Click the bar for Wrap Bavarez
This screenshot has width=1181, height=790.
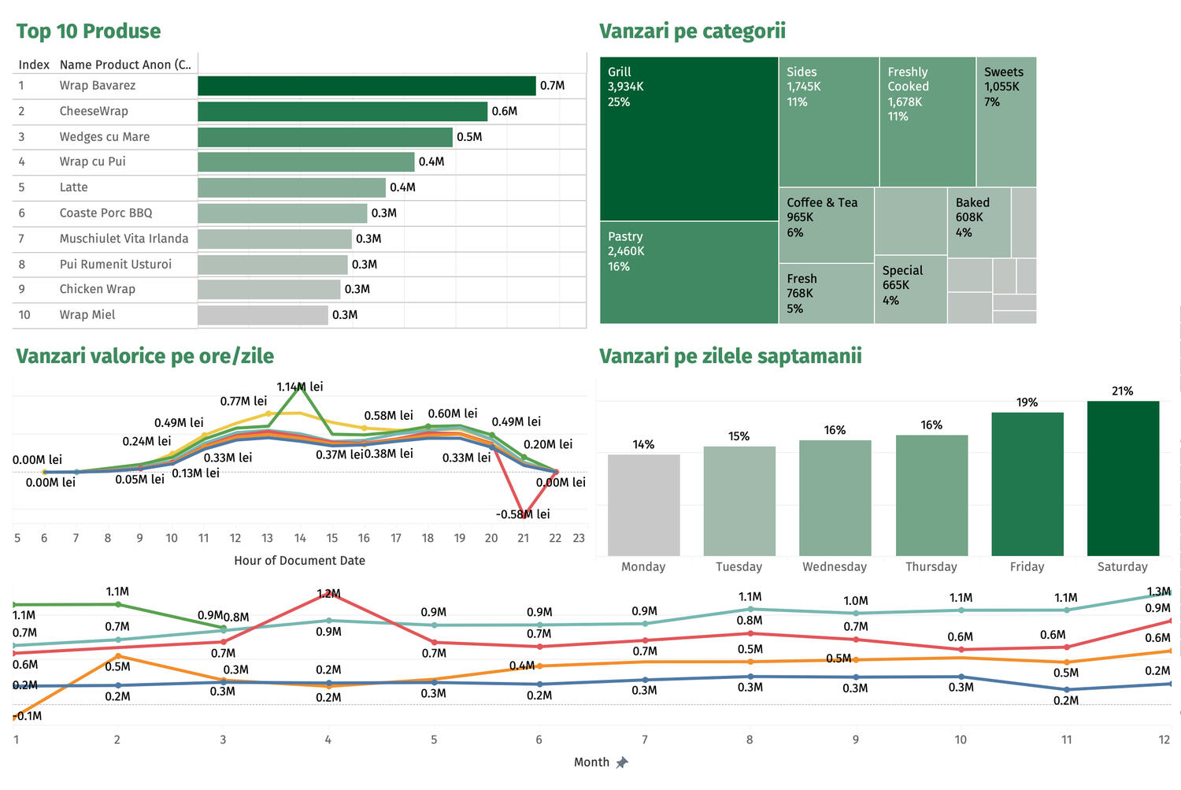pyautogui.click(x=366, y=86)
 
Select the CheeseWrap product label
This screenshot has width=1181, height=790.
pyautogui.click(x=94, y=111)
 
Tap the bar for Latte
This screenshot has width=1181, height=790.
pyautogui.click(x=291, y=187)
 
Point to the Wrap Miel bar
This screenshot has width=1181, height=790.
pyautogui.click(x=262, y=315)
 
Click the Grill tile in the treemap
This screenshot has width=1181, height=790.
pyautogui.click(x=689, y=139)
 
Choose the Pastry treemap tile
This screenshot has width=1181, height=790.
pyautogui.click(x=689, y=272)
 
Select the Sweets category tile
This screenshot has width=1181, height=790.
pyautogui.click(x=1005, y=121)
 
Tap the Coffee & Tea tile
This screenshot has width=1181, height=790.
pyautogui.click(x=826, y=224)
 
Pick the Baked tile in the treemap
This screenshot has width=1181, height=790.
pyautogui.click(x=979, y=222)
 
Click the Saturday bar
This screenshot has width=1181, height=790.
pyautogui.click(x=1123, y=478)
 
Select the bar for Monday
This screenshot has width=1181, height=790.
pyautogui.click(x=643, y=505)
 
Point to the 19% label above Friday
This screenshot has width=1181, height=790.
pyautogui.click(x=1027, y=402)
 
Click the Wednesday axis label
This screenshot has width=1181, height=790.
pyautogui.click(x=835, y=566)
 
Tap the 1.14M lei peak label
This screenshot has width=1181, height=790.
pyautogui.click(x=300, y=387)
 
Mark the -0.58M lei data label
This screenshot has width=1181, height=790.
pyautogui.click(x=523, y=514)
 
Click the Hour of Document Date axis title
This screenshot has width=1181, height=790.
pyautogui.click(x=299, y=561)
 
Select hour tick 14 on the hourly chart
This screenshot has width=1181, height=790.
pyautogui.click(x=300, y=538)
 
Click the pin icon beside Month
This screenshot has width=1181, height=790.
pyautogui.click(x=622, y=762)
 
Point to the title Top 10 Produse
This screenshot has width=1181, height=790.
pyautogui.click(x=88, y=32)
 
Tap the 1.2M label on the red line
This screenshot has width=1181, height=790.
pyautogui.click(x=328, y=593)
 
